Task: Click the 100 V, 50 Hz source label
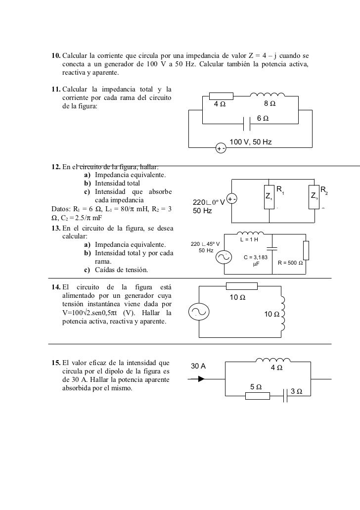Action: pos(251,142)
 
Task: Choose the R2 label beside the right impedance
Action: pos(324,190)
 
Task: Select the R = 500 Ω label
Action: pos(293,263)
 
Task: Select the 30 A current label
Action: pos(198,366)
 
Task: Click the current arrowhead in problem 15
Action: pos(201,379)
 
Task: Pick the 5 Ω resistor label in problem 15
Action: pos(256,386)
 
